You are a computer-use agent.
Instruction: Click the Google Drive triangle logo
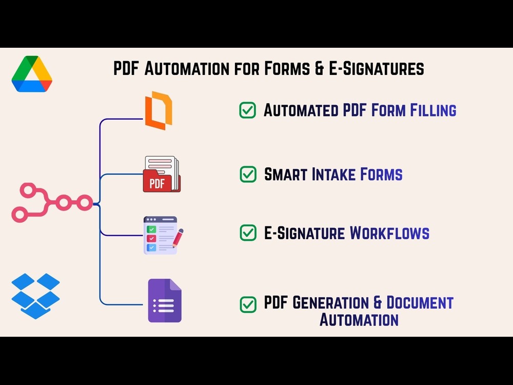pos(32,74)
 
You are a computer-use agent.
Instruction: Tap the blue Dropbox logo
pos(36,296)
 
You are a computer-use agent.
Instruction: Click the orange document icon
pos(159,111)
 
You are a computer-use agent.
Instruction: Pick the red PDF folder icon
pos(162,174)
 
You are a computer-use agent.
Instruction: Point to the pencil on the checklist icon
pos(177,238)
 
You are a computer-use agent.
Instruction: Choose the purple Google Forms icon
pos(165,300)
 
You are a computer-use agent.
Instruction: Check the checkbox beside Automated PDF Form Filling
pos(248,110)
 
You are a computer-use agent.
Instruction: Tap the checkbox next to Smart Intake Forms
pos(248,174)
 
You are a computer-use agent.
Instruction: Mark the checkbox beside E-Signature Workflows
pos(248,233)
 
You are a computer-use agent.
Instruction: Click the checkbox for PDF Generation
pos(248,304)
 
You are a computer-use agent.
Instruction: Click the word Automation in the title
pos(187,68)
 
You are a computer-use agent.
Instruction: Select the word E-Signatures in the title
pos(376,68)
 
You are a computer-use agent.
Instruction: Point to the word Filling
pos(433,110)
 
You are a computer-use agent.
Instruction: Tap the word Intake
pos(333,174)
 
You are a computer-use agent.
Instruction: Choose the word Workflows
pos(389,233)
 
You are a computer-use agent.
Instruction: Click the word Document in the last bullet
pos(420,302)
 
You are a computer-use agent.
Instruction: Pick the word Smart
pos(286,174)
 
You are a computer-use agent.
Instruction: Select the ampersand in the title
pos(319,68)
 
